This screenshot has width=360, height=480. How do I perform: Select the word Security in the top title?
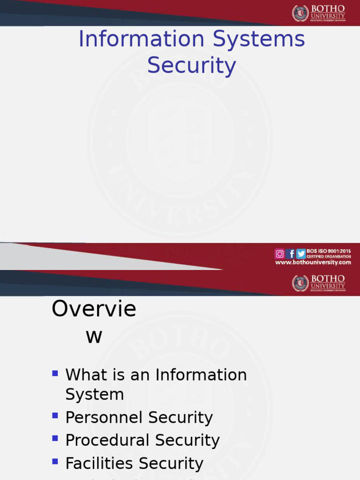pyautogui.click(x=191, y=66)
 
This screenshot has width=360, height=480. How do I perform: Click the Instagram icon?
pyautogui.click(x=279, y=254)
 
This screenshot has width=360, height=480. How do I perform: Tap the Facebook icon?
pyautogui.click(x=291, y=254)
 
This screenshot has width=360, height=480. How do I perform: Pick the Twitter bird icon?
pyautogui.click(x=301, y=254)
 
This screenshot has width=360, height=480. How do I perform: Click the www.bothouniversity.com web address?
pyautogui.click(x=313, y=262)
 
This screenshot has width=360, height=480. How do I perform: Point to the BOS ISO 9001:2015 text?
pyautogui.click(x=329, y=251)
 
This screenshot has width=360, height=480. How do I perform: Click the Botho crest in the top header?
pyautogui.click(x=300, y=13)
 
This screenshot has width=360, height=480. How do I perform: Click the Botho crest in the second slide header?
pyautogui.click(x=300, y=283)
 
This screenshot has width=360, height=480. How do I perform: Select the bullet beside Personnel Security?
pyautogui.click(x=55, y=416)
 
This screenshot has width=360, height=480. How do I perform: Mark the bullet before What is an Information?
pyautogui.click(x=55, y=374)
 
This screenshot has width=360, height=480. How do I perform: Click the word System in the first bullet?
pyautogui.click(x=94, y=395)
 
